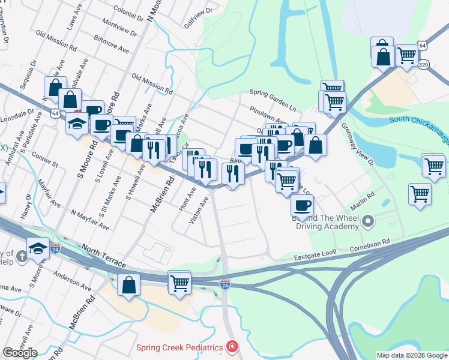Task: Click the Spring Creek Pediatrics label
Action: (x=179, y=347)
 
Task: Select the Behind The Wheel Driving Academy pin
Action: (x=369, y=223)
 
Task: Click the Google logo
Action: (x=20, y=353)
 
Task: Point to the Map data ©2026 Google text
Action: (x=412, y=355)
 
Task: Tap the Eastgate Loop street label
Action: (x=314, y=257)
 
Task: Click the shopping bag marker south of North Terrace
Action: (x=129, y=284)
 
